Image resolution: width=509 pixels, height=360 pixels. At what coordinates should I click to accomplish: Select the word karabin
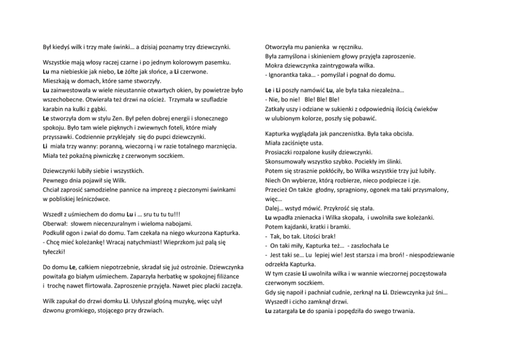click(53, 109)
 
